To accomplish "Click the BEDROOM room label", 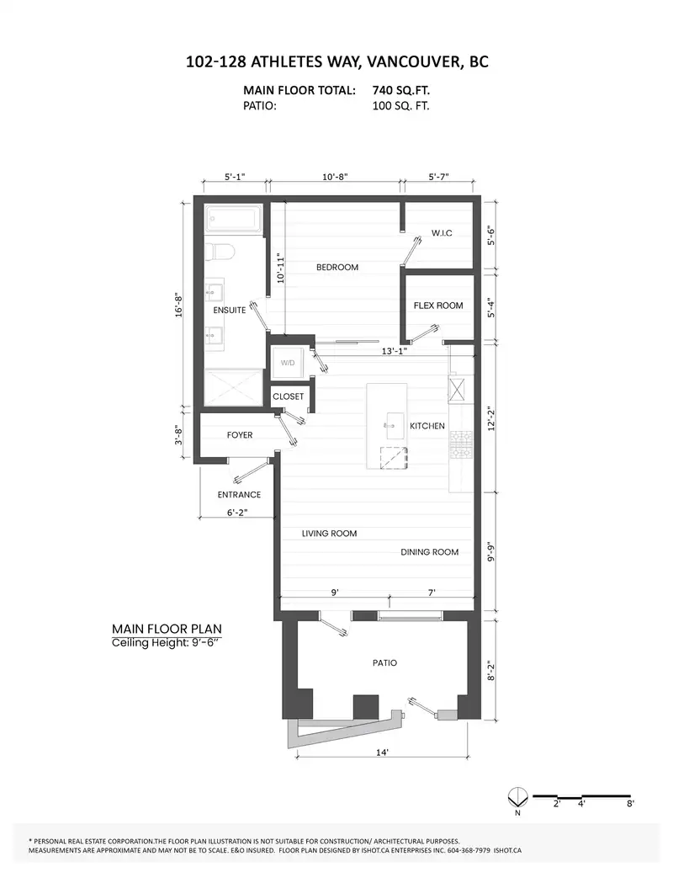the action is pyautogui.click(x=337, y=268).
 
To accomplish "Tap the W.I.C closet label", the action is pyautogui.click(x=442, y=233).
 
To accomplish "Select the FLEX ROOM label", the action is pyautogui.click(x=438, y=306).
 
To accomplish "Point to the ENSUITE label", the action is pyautogui.click(x=230, y=310).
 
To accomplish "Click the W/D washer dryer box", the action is pyautogui.click(x=288, y=363).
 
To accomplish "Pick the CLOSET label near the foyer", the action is pyautogui.click(x=288, y=396).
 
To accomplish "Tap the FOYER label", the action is pyautogui.click(x=240, y=435).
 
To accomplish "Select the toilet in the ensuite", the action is pyautogui.click(x=220, y=253).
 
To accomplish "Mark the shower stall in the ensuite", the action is pyautogui.click(x=233, y=388).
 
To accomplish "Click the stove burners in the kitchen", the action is pyautogui.click(x=461, y=445).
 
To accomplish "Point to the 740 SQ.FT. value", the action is pyautogui.click(x=400, y=90).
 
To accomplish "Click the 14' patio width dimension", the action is pyautogui.click(x=382, y=752).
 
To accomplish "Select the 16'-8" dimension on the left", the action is pyautogui.click(x=179, y=306).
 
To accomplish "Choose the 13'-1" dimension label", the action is pyautogui.click(x=395, y=351).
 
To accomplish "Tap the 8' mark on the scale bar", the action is pyautogui.click(x=630, y=804).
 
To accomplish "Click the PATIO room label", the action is pyautogui.click(x=384, y=663).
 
